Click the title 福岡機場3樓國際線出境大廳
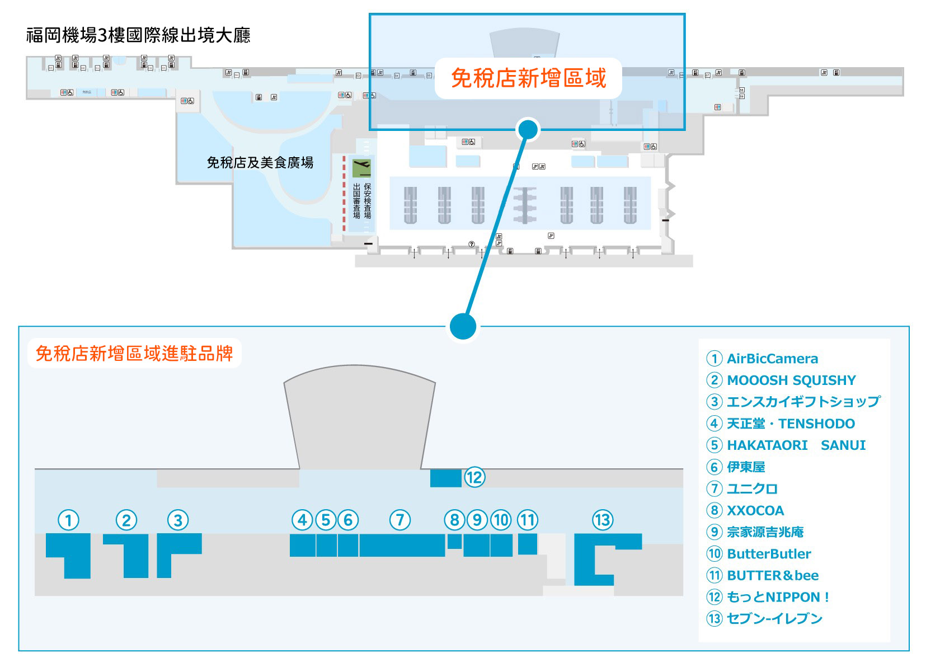[x=138, y=35]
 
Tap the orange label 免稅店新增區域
[x=528, y=78]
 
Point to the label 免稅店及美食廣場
[x=260, y=163]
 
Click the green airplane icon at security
[x=361, y=167]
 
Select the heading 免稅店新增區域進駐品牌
[x=134, y=354]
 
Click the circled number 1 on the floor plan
[x=69, y=520]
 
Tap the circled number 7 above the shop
[x=400, y=520]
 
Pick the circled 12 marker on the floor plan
[x=474, y=477]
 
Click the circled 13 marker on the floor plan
[x=603, y=520]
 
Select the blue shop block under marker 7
[x=402, y=546]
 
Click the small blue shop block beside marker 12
[x=445, y=478]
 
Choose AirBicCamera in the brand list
[x=772, y=359]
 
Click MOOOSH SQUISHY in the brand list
[x=791, y=380]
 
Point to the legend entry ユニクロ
[x=752, y=488]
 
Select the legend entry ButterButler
[x=769, y=554]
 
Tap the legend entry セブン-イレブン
[x=774, y=619]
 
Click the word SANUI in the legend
[x=843, y=445]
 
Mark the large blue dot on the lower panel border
[x=463, y=326]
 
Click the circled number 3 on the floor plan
[x=178, y=520]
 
